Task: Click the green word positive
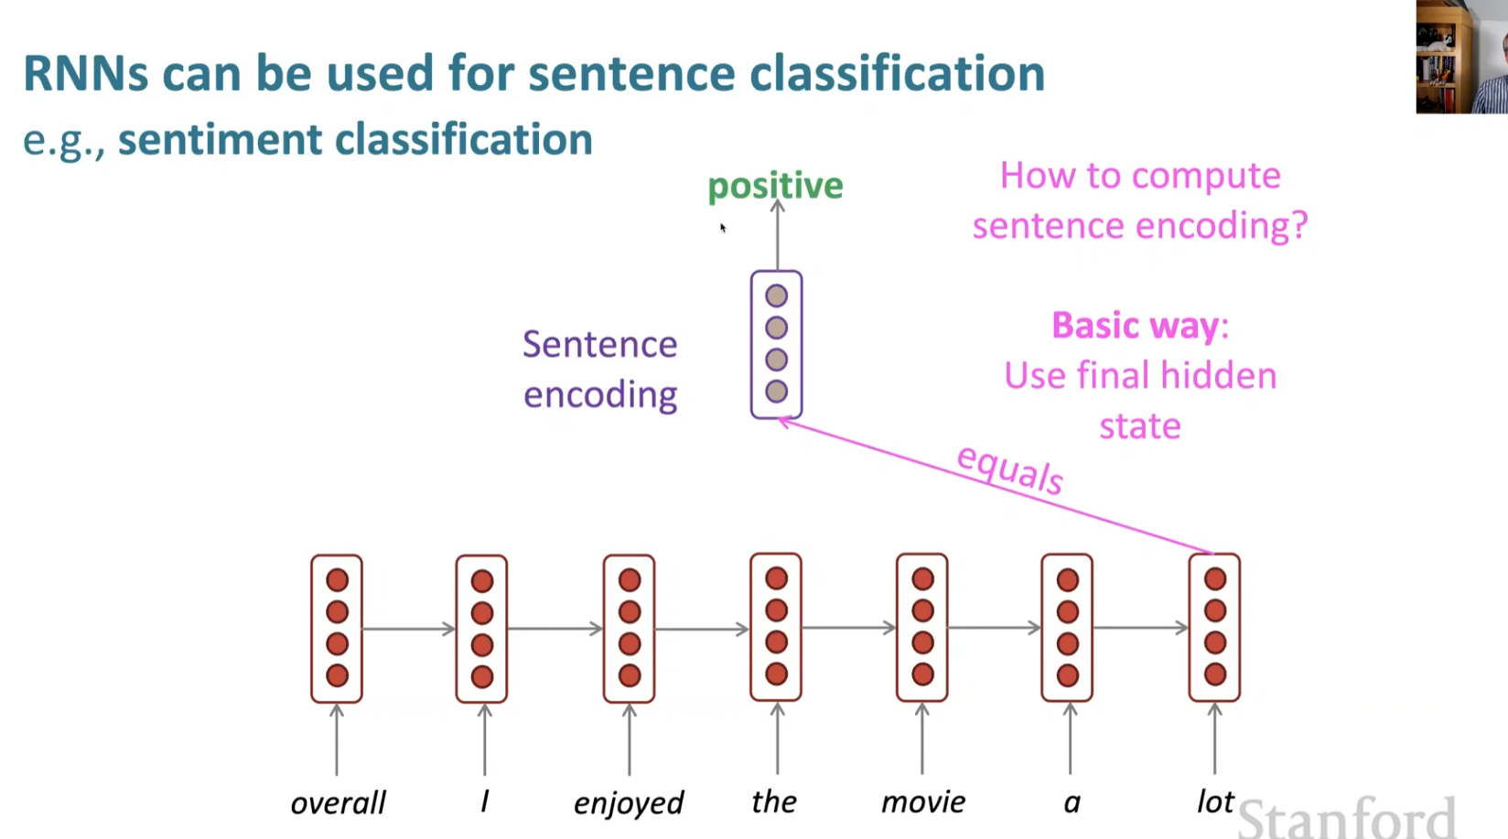[x=775, y=186]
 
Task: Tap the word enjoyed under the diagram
[x=629, y=802]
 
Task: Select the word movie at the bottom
[x=922, y=802]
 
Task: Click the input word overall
[x=338, y=802]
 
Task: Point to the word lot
[x=1215, y=801]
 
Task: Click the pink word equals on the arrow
[x=1010, y=469]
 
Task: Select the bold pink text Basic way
[x=1135, y=326]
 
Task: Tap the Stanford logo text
[x=1345, y=816]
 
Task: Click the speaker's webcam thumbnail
[x=1461, y=57]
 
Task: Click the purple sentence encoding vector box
[x=776, y=345]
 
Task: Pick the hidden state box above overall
[x=337, y=629]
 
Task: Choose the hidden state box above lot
[x=1214, y=628]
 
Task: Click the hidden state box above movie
[x=922, y=628]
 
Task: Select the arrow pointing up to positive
[x=777, y=235]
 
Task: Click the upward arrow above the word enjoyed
[x=630, y=738]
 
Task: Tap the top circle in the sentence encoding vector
[x=776, y=296]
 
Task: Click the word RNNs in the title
[x=85, y=73]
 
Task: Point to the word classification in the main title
[x=897, y=73]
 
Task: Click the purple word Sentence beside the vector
[x=599, y=345]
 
